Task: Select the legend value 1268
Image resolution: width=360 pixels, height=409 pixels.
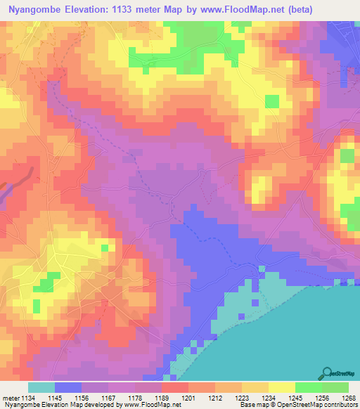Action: coord(343,398)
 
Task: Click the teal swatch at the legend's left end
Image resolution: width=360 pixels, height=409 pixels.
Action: coord(41,387)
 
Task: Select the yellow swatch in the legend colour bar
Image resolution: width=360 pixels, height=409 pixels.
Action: coord(281,387)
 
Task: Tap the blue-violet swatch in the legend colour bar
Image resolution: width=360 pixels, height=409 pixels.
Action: coord(68,387)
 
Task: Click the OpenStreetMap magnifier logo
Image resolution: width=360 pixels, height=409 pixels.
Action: coord(328,372)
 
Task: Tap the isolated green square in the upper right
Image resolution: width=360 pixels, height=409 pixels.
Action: coord(271,101)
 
